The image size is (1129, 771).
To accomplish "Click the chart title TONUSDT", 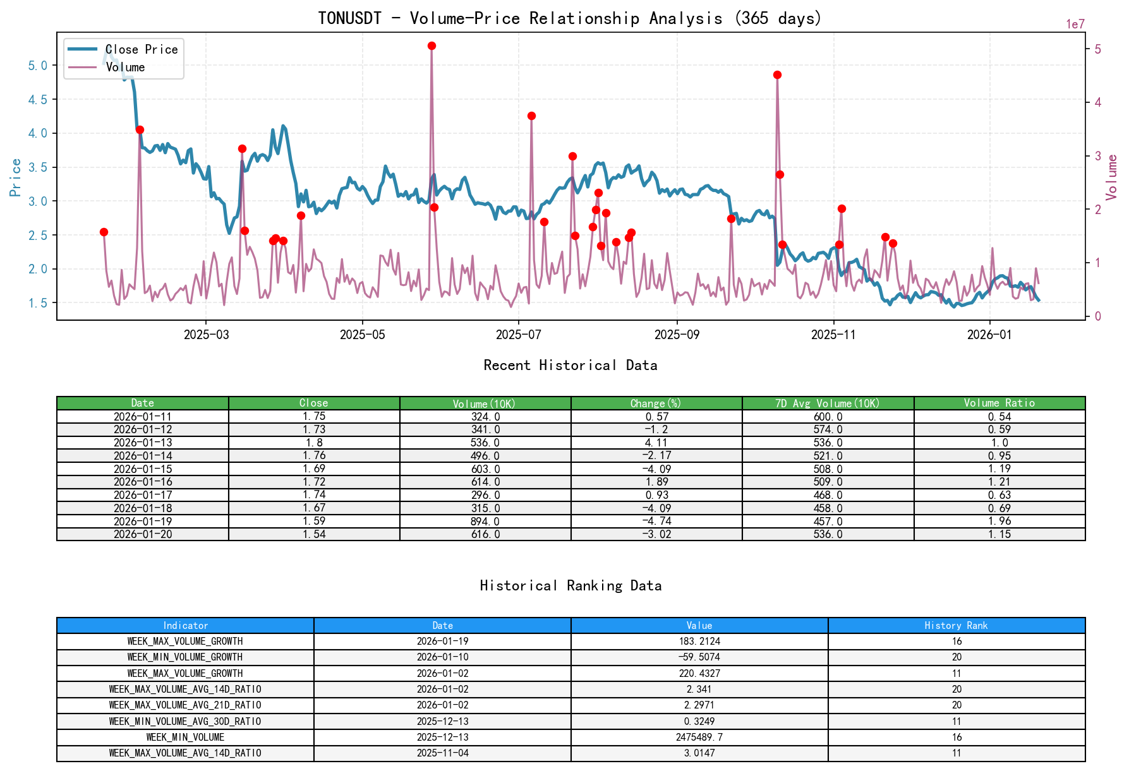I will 349,18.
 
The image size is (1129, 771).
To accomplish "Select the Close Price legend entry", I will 141,49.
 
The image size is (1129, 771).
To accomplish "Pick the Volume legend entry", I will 125,67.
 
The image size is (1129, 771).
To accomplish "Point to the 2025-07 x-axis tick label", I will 518,335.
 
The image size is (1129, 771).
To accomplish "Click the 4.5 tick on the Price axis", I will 38,99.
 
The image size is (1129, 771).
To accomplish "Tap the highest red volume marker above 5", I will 432,46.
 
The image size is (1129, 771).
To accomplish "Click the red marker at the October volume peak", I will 777,75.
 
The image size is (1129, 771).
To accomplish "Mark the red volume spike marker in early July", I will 531,116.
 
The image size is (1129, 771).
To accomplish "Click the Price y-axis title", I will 16,177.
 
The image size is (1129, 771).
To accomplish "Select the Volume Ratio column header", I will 999,403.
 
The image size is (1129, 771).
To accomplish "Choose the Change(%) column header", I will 656,403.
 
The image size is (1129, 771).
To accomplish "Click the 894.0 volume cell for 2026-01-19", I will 485,522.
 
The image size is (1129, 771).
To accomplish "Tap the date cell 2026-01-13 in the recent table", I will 143,443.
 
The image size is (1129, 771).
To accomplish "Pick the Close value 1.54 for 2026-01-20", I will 314,534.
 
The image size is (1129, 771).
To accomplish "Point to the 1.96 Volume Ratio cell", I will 999,522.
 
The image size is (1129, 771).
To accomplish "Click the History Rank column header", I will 956,626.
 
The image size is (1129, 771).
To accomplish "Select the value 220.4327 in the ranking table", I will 699,673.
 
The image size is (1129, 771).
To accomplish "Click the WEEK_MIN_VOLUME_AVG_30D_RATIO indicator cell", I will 185,721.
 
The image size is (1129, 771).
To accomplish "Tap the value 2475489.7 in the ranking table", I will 699,737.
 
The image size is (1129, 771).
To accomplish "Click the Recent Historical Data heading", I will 571,366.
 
